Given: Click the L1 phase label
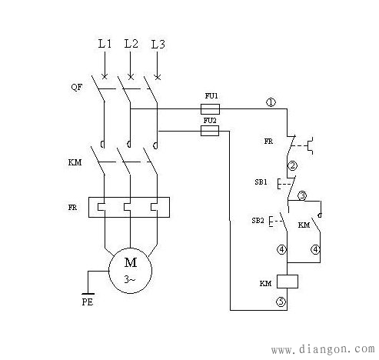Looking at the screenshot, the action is (x=105, y=44).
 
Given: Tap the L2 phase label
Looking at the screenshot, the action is (x=131, y=44).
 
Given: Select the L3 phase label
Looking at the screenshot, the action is (x=158, y=44).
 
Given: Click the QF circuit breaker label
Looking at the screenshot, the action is (x=77, y=87).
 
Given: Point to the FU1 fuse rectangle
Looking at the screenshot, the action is (x=210, y=109).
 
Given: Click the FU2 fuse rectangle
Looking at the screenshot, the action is (x=210, y=131).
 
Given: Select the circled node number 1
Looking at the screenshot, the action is (x=271, y=102).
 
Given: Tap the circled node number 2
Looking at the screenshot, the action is (x=292, y=165).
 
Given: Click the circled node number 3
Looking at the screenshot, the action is (x=302, y=196).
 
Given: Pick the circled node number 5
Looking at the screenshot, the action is (x=281, y=302).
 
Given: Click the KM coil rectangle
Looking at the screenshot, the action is (x=288, y=282).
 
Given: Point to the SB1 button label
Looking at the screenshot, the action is (x=261, y=182).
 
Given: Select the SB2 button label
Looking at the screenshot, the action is (x=258, y=220).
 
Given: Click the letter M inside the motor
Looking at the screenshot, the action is (x=131, y=262).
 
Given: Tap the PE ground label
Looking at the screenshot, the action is (x=88, y=302).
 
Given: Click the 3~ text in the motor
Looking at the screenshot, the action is (x=130, y=280).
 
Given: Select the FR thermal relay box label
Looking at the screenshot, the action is (x=72, y=207).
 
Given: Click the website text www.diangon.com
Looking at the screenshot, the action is (x=323, y=349).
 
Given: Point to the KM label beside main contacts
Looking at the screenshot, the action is (x=75, y=162).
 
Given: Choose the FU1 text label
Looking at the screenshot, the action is (x=211, y=96).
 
